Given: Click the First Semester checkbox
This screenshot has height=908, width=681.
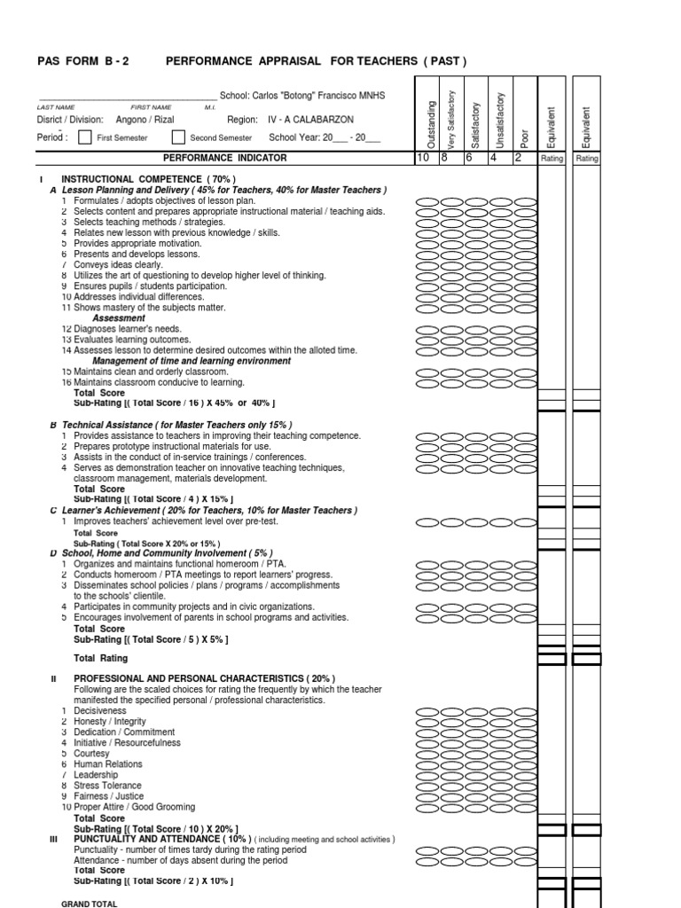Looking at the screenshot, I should pos(84,137).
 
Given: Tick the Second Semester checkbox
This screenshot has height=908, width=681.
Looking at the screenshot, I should pos(178,137).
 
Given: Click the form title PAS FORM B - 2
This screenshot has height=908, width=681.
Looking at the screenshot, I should pos(82,61).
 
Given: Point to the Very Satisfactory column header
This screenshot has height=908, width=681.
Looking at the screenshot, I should pos(451,119).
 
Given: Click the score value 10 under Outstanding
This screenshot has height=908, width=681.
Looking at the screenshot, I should pos(423,157).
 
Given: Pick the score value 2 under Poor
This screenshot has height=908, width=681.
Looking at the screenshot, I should pos(518,157).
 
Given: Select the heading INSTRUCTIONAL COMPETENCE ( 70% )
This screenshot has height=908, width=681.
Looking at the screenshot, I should pos(148,179).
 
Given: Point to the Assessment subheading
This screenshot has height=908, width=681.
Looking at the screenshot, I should pos(119,318).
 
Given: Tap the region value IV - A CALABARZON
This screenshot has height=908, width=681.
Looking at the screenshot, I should pos(304,119).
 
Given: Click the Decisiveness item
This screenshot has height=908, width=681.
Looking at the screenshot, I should pos(100,711).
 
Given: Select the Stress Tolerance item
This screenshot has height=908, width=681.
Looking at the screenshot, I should pos(107,786).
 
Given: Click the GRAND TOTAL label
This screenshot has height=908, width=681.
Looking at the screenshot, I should pos(89,904).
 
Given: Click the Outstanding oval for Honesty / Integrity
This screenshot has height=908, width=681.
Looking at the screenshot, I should pos(428,722).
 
